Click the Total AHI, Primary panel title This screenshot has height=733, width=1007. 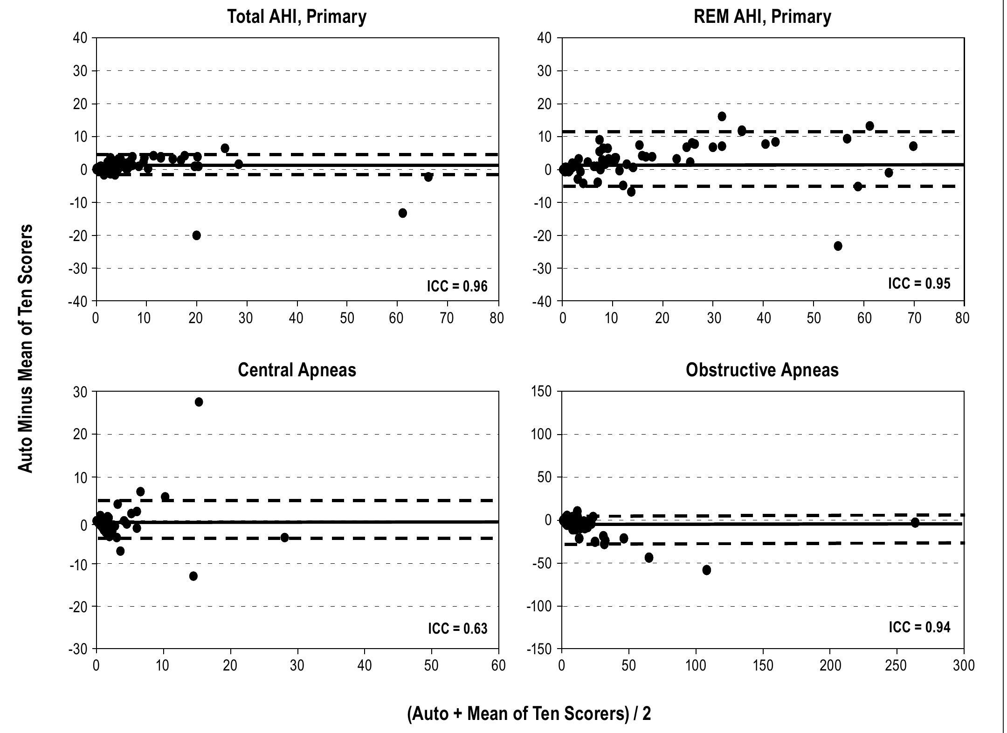(x=297, y=17)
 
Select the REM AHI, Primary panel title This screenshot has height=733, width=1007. (x=762, y=17)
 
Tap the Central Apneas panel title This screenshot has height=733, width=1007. (x=297, y=370)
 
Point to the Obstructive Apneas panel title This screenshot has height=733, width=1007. (x=762, y=370)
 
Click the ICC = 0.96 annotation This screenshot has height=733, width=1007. (x=457, y=286)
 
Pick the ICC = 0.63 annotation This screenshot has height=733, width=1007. (x=457, y=629)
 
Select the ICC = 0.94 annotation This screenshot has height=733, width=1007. (x=919, y=627)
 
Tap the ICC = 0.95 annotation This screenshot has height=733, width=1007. (x=919, y=283)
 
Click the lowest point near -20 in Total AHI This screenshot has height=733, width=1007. (x=196, y=235)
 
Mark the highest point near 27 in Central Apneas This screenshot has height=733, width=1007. (x=199, y=402)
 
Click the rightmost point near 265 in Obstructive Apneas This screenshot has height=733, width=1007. (x=915, y=523)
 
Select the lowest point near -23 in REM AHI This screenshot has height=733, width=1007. (x=838, y=246)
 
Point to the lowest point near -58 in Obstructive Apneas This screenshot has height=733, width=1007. (x=706, y=570)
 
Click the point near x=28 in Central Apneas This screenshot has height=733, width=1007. (x=284, y=538)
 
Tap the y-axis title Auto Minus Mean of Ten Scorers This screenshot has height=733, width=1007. (x=26, y=348)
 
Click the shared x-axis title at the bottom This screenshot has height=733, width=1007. (x=529, y=713)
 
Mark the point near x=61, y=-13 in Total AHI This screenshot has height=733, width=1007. (x=402, y=213)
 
